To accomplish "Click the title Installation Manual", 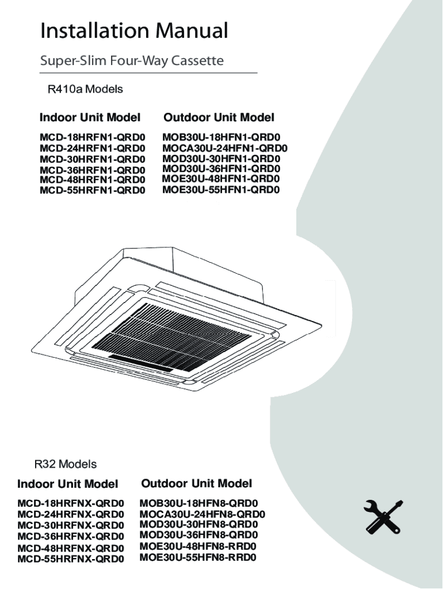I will (x=134, y=31).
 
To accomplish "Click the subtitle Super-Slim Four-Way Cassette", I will (x=132, y=60).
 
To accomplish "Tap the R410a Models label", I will (x=85, y=90).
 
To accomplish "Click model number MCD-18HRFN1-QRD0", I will (x=93, y=139).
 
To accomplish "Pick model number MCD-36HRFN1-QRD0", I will (x=93, y=170).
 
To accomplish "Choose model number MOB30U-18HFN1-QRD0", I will (x=221, y=138).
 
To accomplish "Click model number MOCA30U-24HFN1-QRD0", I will (x=224, y=148).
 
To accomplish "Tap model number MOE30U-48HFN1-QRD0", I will (x=221, y=179).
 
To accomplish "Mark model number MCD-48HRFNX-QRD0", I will (x=71, y=547).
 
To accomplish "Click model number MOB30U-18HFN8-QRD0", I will (x=199, y=503).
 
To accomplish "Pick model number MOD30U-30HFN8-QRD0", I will (x=199, y=525).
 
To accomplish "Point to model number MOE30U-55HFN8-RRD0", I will (x=198, y=557).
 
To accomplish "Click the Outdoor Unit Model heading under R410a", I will (x=219, y=118).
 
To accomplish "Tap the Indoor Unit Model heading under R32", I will (x=68, y=484).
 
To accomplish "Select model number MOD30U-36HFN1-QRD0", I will (x=221, y=169).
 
